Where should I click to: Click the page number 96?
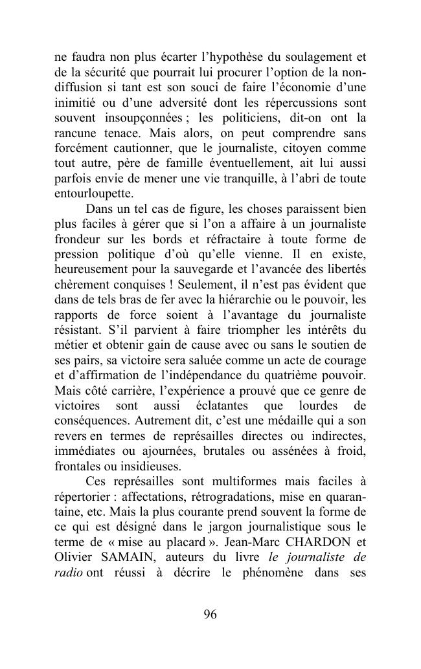[x=210, y=615]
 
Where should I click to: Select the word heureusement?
[x=89, y=269]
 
